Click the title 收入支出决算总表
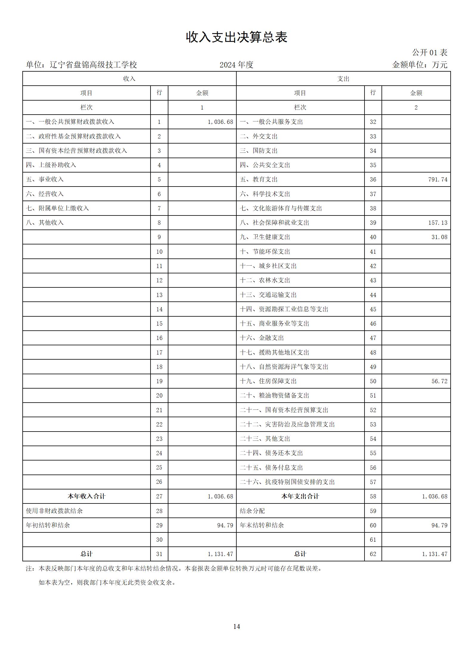pyautogui.click(x=236, y=38)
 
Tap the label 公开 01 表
pyautogui.click(x=429, y=53)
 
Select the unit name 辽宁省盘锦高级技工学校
pyautogui.click(x=93, y=65)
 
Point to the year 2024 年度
pyautogui.click(x=236, y=65)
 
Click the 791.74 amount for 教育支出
pyautogui.click(x=438, y=180)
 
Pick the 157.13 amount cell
pyautogui.click(x=438, y=223)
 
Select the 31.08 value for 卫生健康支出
pyautogui.click(x=439, y=237)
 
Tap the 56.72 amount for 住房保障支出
pyautogui.click(x=439, y=381)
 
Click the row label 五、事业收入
pyautogui.click(x=45, y=179)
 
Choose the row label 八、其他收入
pyautogui.click(x=45, y=223)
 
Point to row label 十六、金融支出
pyautogui.click(x=262, y=338)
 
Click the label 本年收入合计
pyautogui.click(x=86, y=496)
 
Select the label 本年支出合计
pyautogui.click(x=300, y=496)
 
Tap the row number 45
pyautogui.click(x=373, y=309)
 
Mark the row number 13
pyautogui.click(x=159, y=295)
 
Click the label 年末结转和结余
pyautogui.click(x=262, y=525)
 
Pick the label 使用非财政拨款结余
pyautogui.click(x=54, y=511)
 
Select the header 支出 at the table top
pyautogui.click(x=343, y=79)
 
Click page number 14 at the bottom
pyautogui.click(x=236, y=626)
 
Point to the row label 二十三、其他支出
pyautogui.click(x=265, y=439)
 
